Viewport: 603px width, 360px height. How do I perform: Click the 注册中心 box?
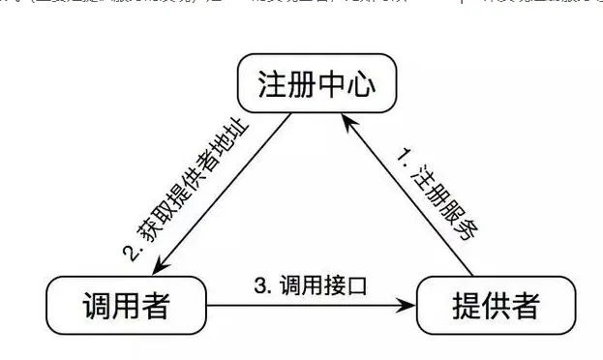pos(306,84)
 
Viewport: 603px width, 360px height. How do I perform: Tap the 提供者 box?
pos(489,307)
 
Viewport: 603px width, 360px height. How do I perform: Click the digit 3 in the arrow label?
pos(259,285)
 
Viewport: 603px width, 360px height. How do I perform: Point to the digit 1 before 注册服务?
pos(404,155)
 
